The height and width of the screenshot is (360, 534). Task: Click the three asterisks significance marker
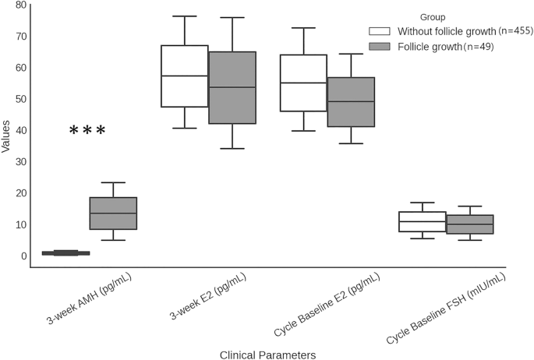pyautogui.click(x=87, y=131)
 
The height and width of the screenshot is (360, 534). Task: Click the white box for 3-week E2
pyautogui.click(x=185, y=76)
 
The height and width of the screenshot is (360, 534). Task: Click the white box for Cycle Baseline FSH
pyautogui.click(x=422, y=221)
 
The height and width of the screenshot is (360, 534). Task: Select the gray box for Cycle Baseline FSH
pyautogui.click(x=469, y=224)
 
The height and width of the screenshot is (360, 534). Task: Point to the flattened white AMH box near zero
pyautogui.click(x=65, y=252)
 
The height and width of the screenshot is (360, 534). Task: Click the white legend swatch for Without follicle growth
pyautogui.click(x=380, y=31)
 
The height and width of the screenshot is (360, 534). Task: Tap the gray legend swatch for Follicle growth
pyautogui.click(x=380, y=47)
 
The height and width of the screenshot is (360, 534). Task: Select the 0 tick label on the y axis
pyautogui.click(x=23, y=256)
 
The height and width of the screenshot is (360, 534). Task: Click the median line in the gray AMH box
pyautogui.click(x=113, y=213)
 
